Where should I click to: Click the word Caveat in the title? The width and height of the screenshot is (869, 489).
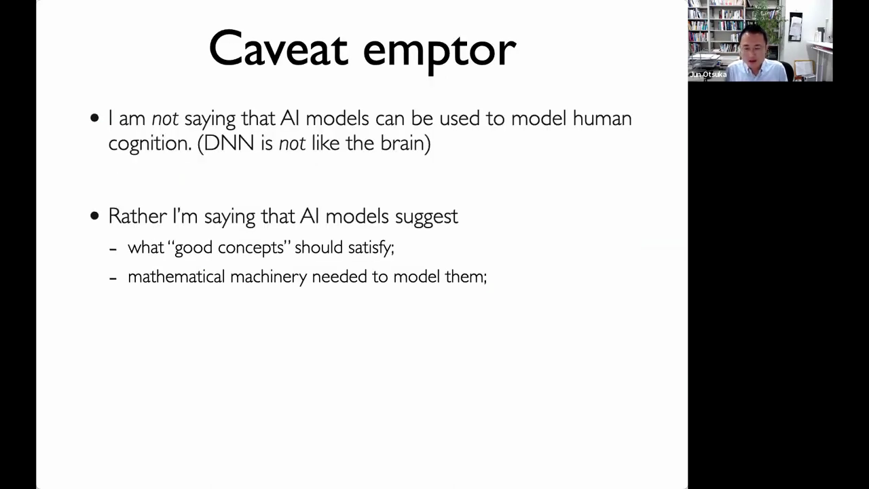click(278, 48)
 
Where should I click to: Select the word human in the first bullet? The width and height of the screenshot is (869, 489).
click(602, 118)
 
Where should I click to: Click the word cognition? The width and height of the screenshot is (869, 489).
click(150, 144)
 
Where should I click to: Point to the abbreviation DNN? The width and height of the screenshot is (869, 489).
click(229, 143)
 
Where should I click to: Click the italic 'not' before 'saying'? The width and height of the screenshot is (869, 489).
click(165, 119)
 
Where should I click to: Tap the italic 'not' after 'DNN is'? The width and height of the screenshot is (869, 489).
click(292, 144)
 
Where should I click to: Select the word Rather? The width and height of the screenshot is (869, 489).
click(137, 216)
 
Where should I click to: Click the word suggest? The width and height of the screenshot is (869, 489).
click(426, 217)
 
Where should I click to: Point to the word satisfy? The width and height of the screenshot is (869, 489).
click(371, 248)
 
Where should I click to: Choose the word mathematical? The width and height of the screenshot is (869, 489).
click(176, 276)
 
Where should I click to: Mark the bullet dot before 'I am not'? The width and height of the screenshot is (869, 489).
click(94, 118)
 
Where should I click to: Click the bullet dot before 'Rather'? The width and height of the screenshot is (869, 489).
click(94, 216)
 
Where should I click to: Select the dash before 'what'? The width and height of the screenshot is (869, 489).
click(113, 249)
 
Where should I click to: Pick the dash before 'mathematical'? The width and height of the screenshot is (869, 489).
click(113, 278)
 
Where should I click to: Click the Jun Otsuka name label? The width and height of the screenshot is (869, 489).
click(708, 75)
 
